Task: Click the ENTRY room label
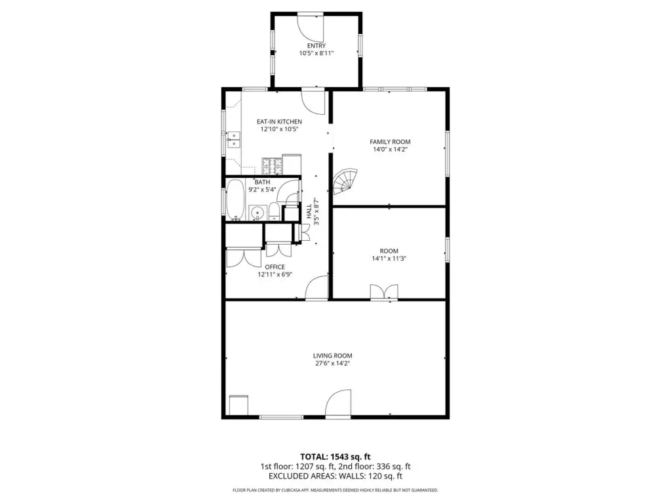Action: (x=316, y=46)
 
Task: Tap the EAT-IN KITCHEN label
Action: (x=279, y=121)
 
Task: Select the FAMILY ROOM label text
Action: (x=390, y=142)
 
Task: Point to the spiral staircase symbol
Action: (x=345, y=182)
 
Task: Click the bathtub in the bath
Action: (x=235, y=200)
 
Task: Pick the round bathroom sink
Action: (x=257, y=213)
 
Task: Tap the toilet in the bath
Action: (x=275, y=212)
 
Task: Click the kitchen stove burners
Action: (x=272, y=166)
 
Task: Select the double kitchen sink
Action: (x=234, y=140)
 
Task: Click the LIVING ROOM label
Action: (x=332, y=356)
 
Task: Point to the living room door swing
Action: (x=338, y=403)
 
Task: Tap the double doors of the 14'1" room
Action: (x=384, y=292)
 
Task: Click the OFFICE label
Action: (x=275, y=267)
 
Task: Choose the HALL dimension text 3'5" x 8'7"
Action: (x=316, y=211)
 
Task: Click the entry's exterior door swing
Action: (x=311, y=28)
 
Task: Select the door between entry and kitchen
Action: (x=313, y=102)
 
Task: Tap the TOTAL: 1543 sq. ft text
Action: (x=335, y=457)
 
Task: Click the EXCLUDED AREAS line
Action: (x=335, y=476)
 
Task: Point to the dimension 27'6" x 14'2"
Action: (x=332, y=364)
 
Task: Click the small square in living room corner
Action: (x=239, y=405)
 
